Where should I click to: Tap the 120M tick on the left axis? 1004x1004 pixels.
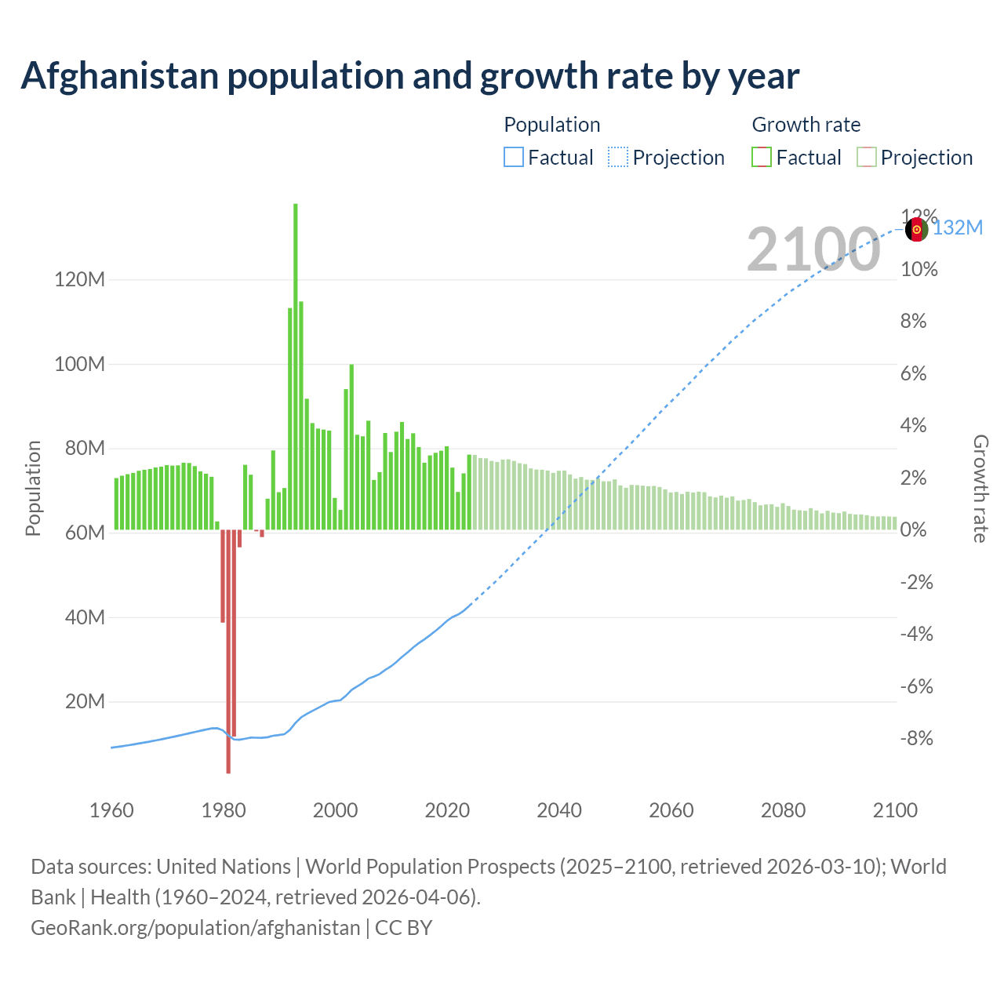80,280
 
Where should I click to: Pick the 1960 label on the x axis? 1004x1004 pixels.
111,810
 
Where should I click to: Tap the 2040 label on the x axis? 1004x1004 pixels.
559,810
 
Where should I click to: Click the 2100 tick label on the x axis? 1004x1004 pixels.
895,810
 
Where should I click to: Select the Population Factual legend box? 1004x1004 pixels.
513,158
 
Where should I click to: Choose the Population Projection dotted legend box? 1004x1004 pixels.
618,158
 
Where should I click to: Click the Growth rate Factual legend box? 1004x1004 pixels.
762,158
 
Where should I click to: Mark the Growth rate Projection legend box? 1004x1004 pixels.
866,158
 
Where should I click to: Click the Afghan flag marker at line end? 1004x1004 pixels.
916,230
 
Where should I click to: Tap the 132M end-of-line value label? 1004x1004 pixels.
958,228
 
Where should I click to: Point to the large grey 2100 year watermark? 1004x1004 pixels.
813,249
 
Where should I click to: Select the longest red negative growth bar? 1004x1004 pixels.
228,651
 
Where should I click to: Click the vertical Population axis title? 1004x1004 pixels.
33,488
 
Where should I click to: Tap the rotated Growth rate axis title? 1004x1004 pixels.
980,488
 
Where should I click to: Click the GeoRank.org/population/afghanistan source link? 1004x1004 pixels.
195,928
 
